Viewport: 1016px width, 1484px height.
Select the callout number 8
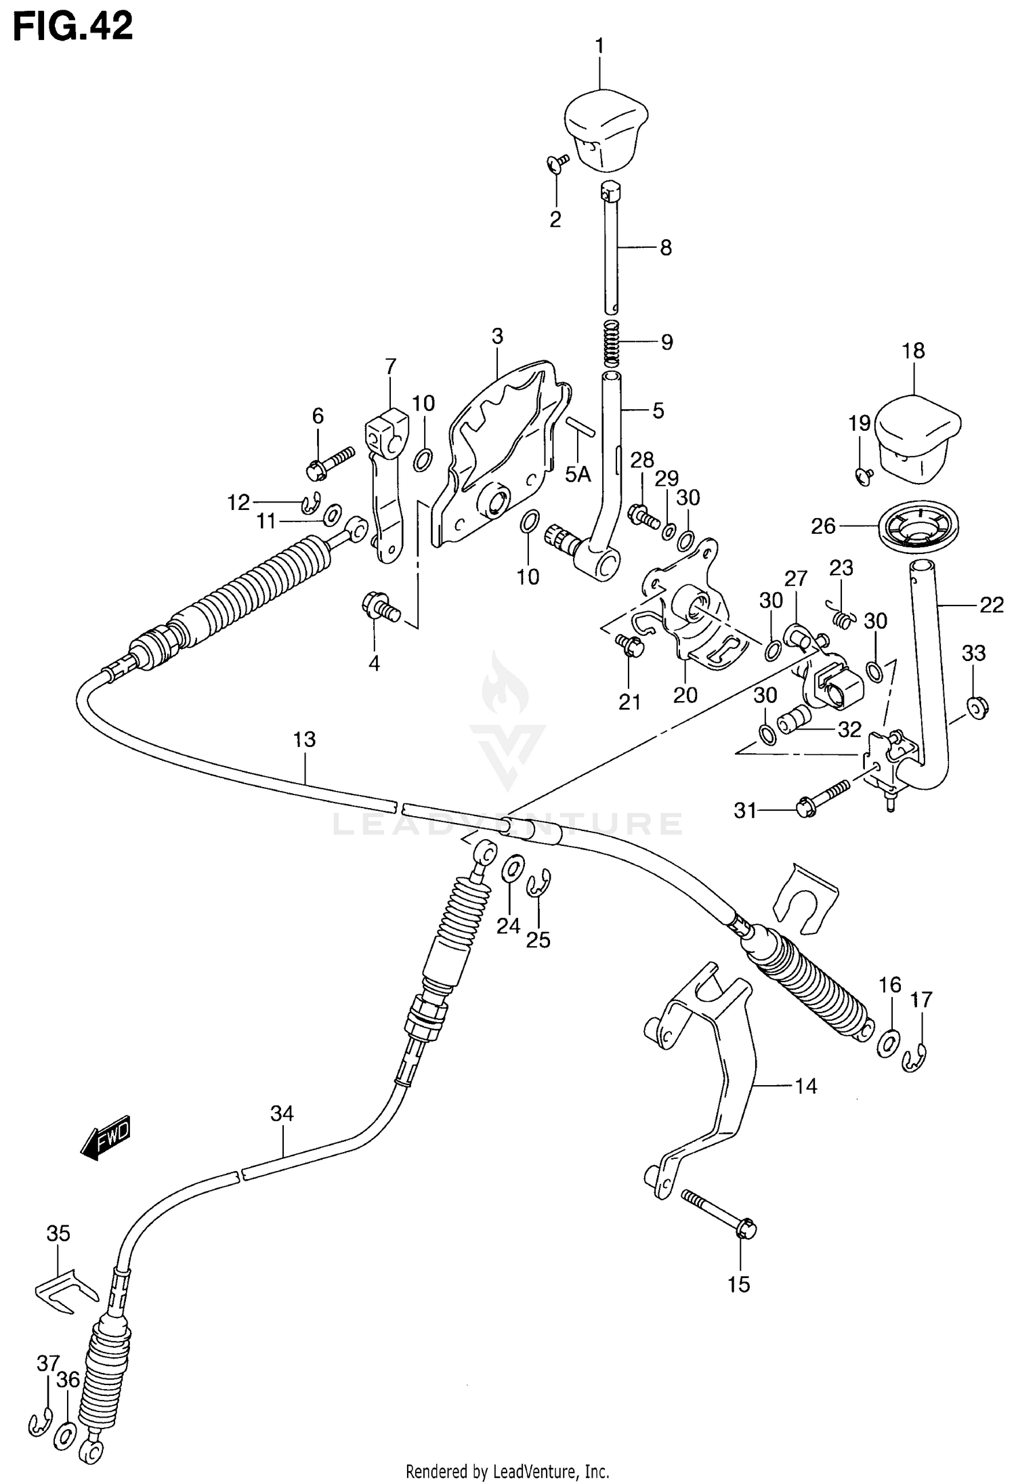pos(666,249)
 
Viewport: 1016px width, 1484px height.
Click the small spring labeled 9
pos(612,341)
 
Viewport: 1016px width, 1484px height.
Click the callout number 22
pos(991,605)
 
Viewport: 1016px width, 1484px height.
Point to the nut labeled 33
pos(977,708)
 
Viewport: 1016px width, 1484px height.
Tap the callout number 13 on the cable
pos(305,740)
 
